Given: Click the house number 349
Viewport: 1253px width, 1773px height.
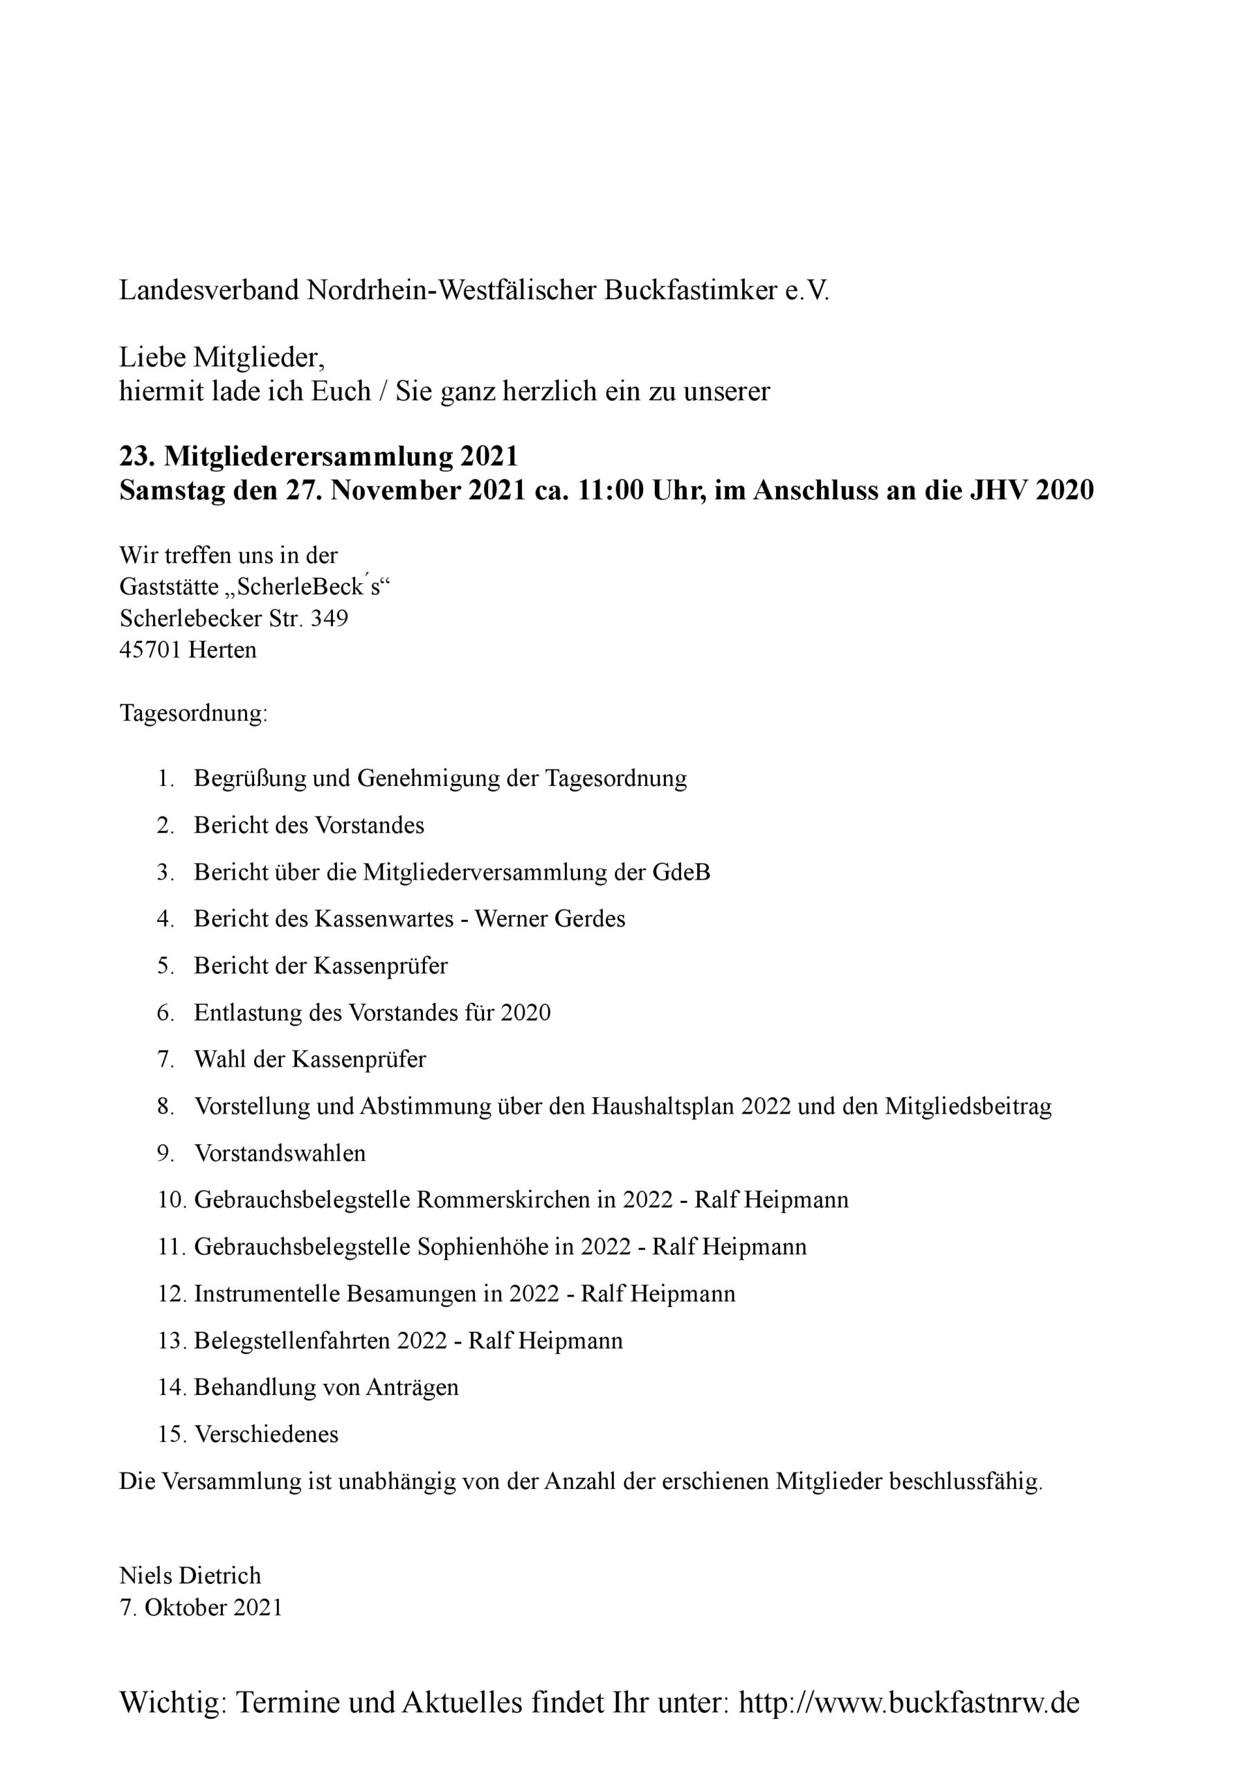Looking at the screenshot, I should [x=329, y=618].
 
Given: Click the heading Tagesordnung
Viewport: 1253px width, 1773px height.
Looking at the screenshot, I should [x=193, y=713].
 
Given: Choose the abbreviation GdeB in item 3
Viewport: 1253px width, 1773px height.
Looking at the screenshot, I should [x=681, y=873].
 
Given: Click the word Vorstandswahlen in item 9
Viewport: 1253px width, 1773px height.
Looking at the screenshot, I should [x=280, y=1154].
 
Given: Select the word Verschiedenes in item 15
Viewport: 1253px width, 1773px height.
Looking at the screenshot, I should [x=267, y=1435].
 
